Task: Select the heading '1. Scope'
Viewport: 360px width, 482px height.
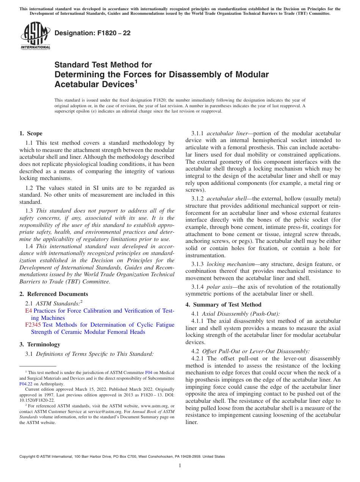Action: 31,133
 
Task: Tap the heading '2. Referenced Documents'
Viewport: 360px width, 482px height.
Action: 53,294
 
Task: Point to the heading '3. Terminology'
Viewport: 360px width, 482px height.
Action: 40,344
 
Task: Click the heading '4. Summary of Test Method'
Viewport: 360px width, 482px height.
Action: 223,305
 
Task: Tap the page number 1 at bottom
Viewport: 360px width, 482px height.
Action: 180,466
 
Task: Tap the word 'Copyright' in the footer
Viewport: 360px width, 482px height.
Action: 29,457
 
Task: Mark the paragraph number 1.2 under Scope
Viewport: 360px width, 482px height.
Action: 30,188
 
